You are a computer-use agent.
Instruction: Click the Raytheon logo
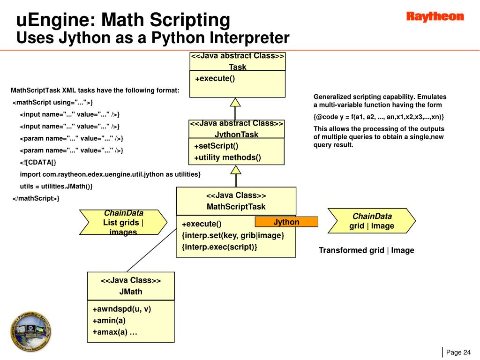point(435,17)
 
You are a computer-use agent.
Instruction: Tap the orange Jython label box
point(286,222)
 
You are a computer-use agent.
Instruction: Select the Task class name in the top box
point(237,67)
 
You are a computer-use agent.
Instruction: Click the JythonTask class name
point(236,135)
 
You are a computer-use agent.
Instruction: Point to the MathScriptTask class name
point(236,207)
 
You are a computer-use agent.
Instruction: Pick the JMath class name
point(131,292)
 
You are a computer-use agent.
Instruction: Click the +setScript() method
point(216,146)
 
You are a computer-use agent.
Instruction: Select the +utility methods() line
point(227,157)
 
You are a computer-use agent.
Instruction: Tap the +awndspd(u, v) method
point(121,309)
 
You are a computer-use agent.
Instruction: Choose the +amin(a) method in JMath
point(109,321)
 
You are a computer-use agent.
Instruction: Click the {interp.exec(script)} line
point(219,247)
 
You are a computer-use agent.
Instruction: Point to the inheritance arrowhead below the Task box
point(236,102)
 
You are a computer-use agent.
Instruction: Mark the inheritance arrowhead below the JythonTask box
point(236,169)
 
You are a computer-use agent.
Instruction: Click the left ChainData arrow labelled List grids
point(123,222)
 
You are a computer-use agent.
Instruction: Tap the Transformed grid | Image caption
point(366,250)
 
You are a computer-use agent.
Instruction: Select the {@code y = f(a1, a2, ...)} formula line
point(379,117)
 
